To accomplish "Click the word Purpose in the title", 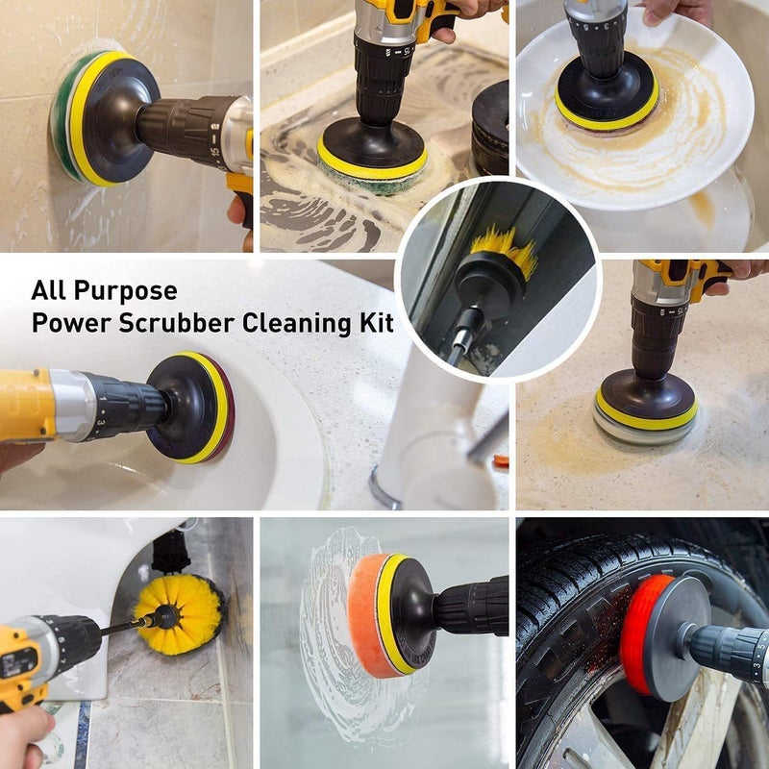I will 129,290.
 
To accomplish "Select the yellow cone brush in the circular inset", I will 504,252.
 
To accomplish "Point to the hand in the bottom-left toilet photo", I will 24,735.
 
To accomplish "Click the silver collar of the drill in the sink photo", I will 72,405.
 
